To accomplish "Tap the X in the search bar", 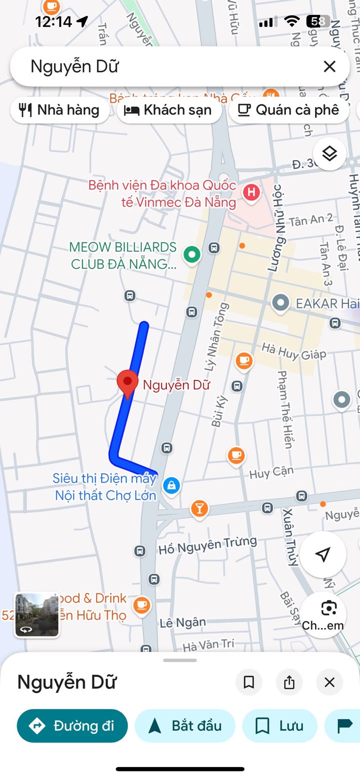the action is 329,66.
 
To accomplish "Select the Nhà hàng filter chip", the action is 59,110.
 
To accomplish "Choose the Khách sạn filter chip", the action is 169,110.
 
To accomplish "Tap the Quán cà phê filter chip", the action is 289,110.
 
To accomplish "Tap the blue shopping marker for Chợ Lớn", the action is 171,485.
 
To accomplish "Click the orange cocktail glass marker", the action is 199,509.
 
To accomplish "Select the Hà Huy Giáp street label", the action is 294,351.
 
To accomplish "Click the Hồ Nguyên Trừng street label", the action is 207,545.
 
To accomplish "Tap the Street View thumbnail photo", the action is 37,615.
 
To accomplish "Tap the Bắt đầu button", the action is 185,726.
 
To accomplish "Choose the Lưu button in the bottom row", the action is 280,726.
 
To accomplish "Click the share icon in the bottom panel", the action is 289,683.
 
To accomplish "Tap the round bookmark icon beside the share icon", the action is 249,683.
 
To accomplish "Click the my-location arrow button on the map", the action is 323,554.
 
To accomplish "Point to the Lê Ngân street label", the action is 183,623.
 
